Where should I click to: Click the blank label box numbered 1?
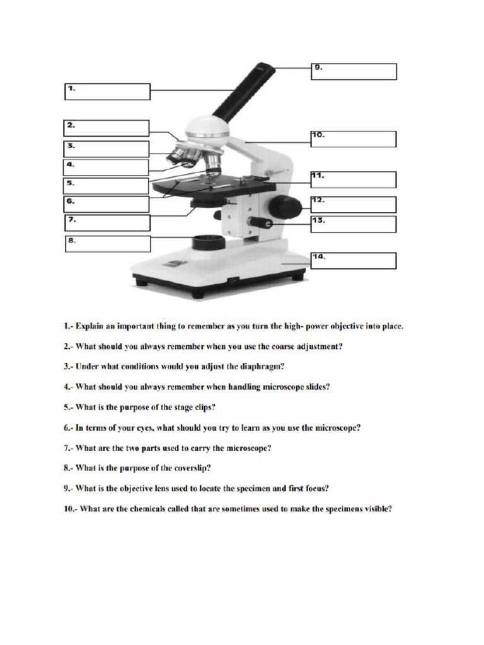(x=107, y=91)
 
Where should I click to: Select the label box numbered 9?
(x=354, y=71)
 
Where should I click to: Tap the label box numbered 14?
(x=354, y=261)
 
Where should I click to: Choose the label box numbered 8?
(x=107, y=244)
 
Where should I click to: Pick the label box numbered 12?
(x=354, y=204)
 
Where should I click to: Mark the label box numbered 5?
(x=107, y=186)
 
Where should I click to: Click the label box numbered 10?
(x=354, y=139)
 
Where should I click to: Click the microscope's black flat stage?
(x=214, y=186)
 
